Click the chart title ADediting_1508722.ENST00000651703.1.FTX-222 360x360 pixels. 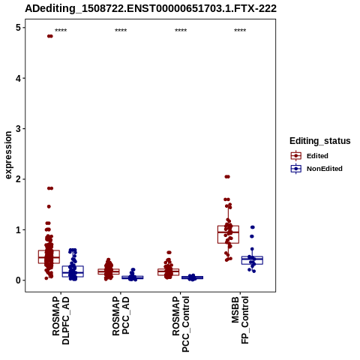pyautogui.click(x=151, y=8)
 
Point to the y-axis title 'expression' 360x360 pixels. pyautogui.click(x=8, y=155)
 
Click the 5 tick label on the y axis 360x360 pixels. pyautogui.click(x=18, y=28)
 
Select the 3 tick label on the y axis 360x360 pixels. pyautogui.click(x=18, y=129)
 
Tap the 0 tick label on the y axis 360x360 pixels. pyautogui.click(x=18, y=280)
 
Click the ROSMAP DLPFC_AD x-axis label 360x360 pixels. pyautogui.click(x=61, y=320)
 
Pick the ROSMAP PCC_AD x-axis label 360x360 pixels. pyautogui.click(x=121, y=316)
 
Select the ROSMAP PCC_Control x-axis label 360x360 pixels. pyautogui.click(x=181, y=324)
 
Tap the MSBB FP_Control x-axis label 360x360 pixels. pyautogui.click(x=240, y=320)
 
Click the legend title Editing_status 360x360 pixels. pyautogui.click(x=320, y=141)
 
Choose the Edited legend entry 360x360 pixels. pyautogui.click(x=310, y=156)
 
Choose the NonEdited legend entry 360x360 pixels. pyautogui.click(x=316, y=169)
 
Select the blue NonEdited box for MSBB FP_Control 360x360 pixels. pyautogui.click(x=252, y=260)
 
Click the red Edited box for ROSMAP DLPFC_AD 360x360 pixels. pyautogui.click(x=49, y=256)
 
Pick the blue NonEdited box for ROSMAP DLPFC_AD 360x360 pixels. pyautogui.click(x=73, y=271)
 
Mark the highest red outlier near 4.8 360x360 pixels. pyautogui.click(x=50, y=36)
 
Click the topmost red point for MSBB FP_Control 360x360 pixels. pyautogui.click(x=227, y=177)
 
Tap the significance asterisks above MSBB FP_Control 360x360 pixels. pyautogui.click(x=240, y=31)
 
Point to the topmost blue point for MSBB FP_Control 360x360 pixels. pyautogui.click(x=253, y=227)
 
